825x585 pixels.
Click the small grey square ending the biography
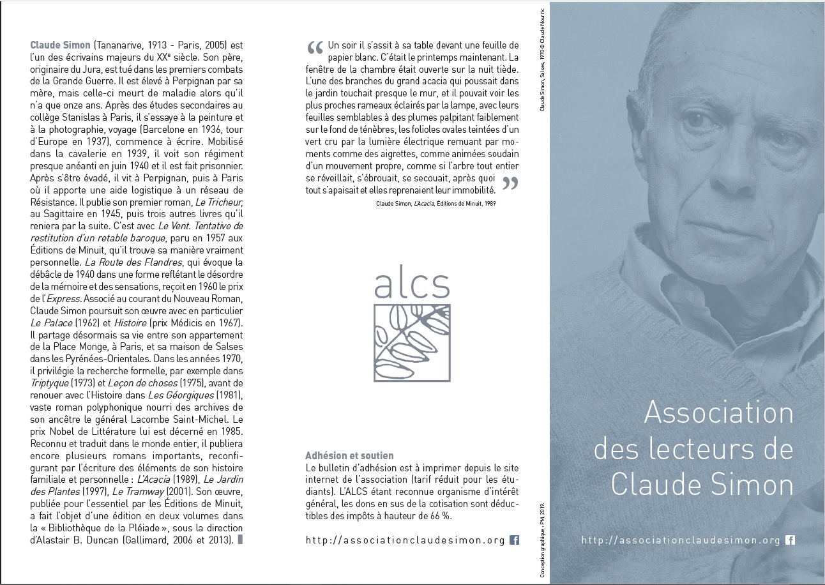[x=240, y=540]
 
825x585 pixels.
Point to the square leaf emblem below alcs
[x=412, y=343]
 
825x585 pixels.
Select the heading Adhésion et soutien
[x=350, y=456]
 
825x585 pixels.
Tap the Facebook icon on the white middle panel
[x=514, y=540]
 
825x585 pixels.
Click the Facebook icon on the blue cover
[x=790, y=540]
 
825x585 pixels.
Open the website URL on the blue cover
[x=681, y=540]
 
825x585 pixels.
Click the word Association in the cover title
[x=718, y=413]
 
